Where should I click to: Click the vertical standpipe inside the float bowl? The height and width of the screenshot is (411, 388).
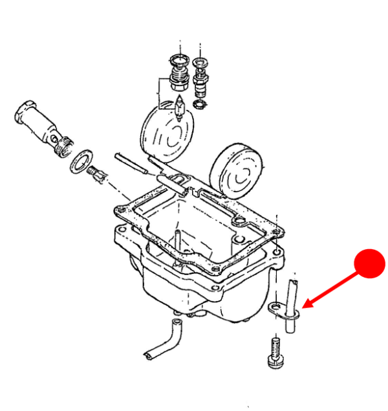click(175, 243)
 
